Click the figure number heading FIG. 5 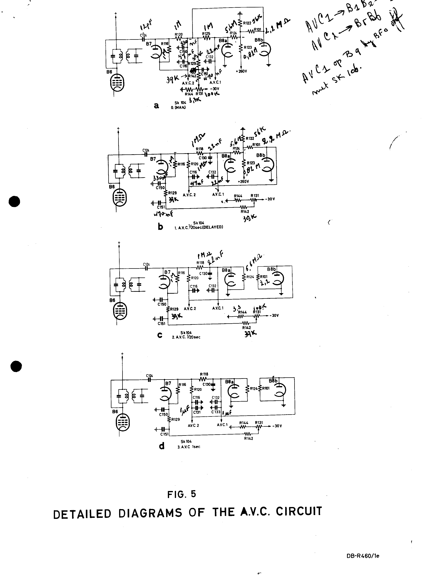click(181, 494)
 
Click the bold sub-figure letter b click(160, 226)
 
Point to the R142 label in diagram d click(249, 438)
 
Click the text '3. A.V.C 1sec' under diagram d click(189, 447)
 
